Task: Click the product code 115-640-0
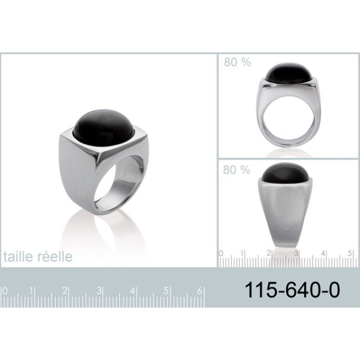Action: [292, 290]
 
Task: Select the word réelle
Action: [55, 256]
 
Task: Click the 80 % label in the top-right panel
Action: [238, 62]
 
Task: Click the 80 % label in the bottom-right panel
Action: [236, 170]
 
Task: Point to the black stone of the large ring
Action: [103, 125]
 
